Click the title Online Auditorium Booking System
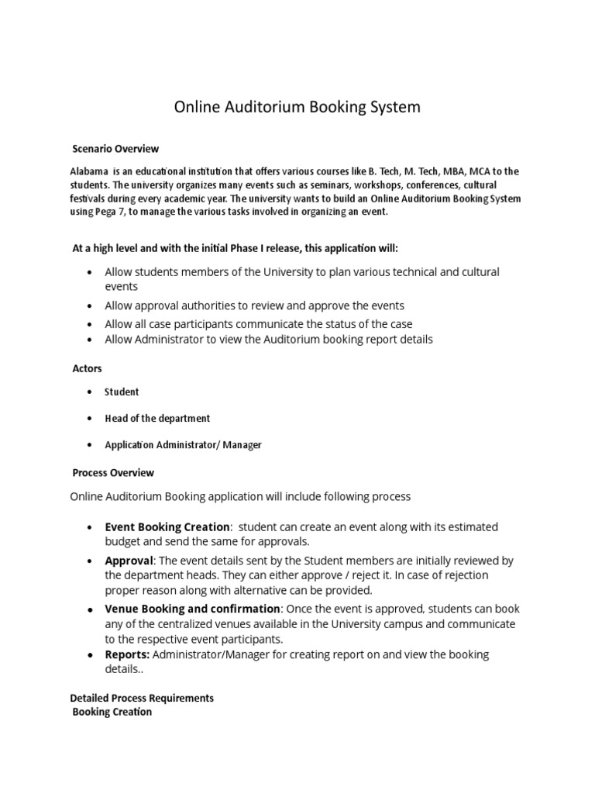(297, 107)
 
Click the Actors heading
(87, 368)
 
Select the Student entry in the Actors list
(122, 392)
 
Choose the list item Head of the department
(157, 419)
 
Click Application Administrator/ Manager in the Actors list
(183, 445)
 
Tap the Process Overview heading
(113, 472)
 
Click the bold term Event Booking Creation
(167, 527)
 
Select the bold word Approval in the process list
(130, 561)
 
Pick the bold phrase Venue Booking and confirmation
(192, 609)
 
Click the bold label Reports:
(128, 654)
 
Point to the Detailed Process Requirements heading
(142, 698)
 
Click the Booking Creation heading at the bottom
(112, 712)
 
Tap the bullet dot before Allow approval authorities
(91, 306)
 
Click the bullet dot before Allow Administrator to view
(91, 340)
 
